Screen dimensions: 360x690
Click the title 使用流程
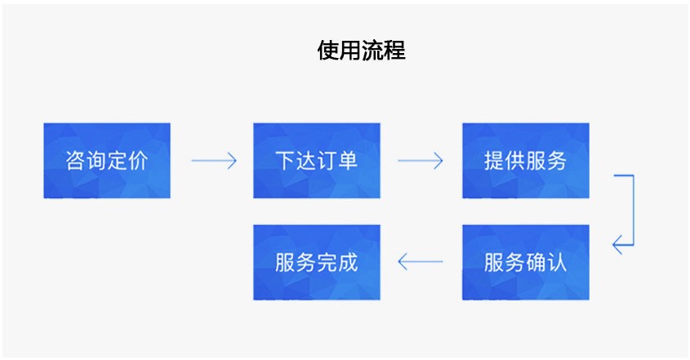(x=361, y=51)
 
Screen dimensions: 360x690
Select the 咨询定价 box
(x=107, y=161)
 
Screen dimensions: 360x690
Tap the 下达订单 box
(x=316, y=161)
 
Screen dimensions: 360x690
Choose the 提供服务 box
(x=525, y=161)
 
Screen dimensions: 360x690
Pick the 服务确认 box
(x=525, y=262)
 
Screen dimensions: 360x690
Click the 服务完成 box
(x=316, y=262)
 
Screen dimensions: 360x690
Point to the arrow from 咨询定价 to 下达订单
(x=213, y=161)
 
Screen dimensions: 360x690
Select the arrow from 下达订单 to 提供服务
(x=420, y=161)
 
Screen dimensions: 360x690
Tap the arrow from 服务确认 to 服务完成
(x=420, y=262)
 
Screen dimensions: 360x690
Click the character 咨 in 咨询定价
(x=75, y=161)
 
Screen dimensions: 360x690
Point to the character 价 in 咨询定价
(x=138, y=161)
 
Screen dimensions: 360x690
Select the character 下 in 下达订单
(x=285, y=161)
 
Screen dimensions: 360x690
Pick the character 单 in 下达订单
(x=348, y=161)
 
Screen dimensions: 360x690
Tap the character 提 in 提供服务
(x=494, y=161)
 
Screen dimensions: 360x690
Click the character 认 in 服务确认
(x=557, y=262)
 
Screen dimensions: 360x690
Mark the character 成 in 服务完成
(x=348, y=262)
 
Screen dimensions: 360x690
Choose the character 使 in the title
(x=328, y=51)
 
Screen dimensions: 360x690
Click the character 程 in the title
(x=394, y=51)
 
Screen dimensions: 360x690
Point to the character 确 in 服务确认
(x=536, y=262)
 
